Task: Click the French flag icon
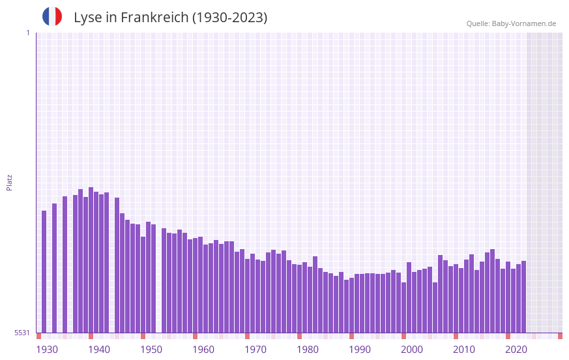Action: (x=52, y=16)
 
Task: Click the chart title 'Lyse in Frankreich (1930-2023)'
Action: (x=170, y=18)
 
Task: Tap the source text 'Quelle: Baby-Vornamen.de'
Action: (x=511, y=23)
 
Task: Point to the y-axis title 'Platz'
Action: (x=9, y=182)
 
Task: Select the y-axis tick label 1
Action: (x=27, y=33)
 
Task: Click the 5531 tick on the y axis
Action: (x=22, y=333)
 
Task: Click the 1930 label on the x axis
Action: (x=47, y=350)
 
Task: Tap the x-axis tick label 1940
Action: (x=99, y=350)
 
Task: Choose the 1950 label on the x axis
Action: (x=151, y=350)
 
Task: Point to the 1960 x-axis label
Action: (x=203, y=350)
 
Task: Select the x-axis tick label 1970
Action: (x=255, y=350)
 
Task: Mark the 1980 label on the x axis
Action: (x=308, y=350)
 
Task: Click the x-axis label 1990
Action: (x=360, y=350)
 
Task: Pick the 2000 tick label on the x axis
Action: (x=412, y=350)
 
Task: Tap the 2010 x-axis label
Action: (x=464, y=350)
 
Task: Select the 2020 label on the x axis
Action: (x=516, y=350)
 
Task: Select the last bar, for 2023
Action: (x=524, y=297)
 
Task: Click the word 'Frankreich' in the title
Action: (x=154, y=18)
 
